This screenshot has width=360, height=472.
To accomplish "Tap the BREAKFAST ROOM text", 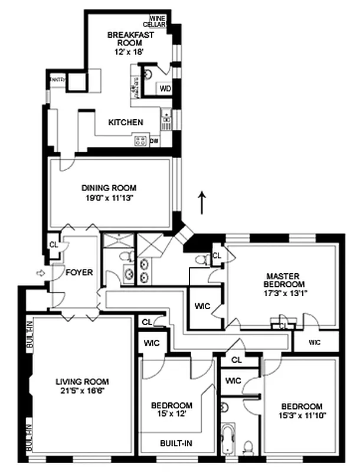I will coord(130,39).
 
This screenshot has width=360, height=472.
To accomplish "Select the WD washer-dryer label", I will coord(166,89).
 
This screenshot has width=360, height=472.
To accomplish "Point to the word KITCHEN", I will coord(126,123).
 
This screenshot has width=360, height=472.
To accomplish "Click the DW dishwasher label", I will coord(154,141).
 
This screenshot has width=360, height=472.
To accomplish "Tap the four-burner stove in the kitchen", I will coord(140,140).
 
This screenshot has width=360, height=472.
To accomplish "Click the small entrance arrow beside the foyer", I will coord(40,273).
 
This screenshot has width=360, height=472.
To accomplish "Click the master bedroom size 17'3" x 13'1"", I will coord(284,293).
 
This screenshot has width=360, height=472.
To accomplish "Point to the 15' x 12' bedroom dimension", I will coord(171,414).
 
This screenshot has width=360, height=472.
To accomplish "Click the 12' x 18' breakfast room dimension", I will coord(130,52).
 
